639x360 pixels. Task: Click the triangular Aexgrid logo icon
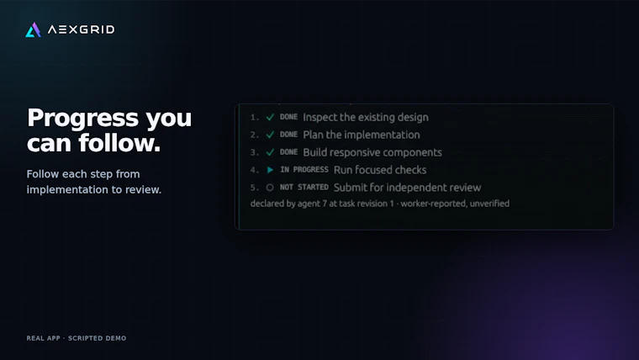coord(33,29)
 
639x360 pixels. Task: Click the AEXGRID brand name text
coord(81,29)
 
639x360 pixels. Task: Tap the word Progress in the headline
coord(83,119)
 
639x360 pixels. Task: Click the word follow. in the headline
coord(119,143)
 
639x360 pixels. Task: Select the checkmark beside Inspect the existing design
coord(270,118)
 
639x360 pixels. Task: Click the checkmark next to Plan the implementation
coord(270,135)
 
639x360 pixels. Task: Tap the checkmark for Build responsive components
coord(270,152)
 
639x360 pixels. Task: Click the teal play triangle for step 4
coord(270,170)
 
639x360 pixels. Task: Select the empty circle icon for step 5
coord(270,188)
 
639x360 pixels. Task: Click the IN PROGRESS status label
coord(304,170)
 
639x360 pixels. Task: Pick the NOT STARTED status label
coord(304,187)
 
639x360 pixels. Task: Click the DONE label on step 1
coord(288,117)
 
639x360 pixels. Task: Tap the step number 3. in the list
coord(255,152)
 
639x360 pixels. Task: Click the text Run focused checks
coord(380,170)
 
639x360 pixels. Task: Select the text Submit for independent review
coord(408,188)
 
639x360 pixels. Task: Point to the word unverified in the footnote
coord(489,204)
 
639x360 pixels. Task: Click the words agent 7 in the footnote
coord(312,204)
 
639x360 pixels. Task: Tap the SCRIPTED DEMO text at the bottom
coord(97,338)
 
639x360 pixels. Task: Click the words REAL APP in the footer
coord(43,338)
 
